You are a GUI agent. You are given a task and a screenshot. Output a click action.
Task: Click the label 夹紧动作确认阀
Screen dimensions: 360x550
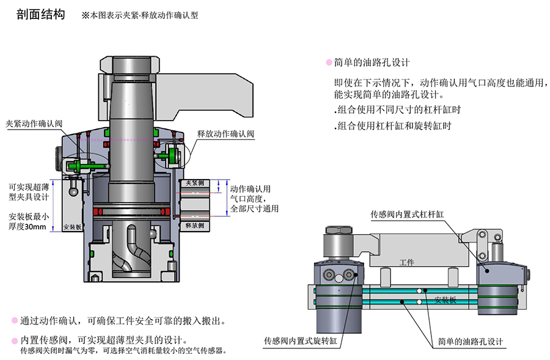(34, 123)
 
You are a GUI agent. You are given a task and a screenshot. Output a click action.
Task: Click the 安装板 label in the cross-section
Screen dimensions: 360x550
(72, 227)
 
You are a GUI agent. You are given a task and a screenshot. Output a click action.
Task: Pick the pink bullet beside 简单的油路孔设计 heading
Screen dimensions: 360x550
(329, 62)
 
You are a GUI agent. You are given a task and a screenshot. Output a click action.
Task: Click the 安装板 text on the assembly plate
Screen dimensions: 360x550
(444, 300)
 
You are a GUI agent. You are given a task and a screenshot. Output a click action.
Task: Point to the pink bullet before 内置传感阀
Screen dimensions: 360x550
(14, 340)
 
